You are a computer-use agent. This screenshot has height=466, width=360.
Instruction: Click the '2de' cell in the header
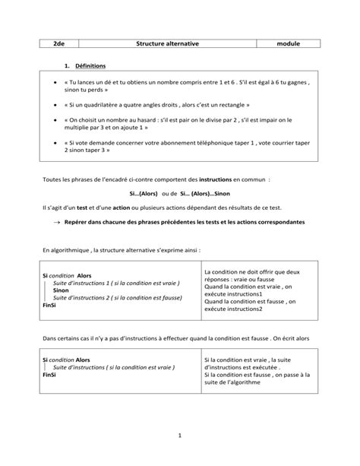(58, 44)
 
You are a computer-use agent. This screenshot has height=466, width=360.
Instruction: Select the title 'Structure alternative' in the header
(167, 44)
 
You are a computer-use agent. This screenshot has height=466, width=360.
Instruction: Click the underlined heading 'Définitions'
(90, 66)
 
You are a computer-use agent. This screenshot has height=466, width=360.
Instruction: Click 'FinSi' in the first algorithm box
(51, 305)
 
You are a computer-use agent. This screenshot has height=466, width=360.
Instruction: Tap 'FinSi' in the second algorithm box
(50, 375)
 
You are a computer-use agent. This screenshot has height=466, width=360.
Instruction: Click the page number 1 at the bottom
(179, 435)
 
